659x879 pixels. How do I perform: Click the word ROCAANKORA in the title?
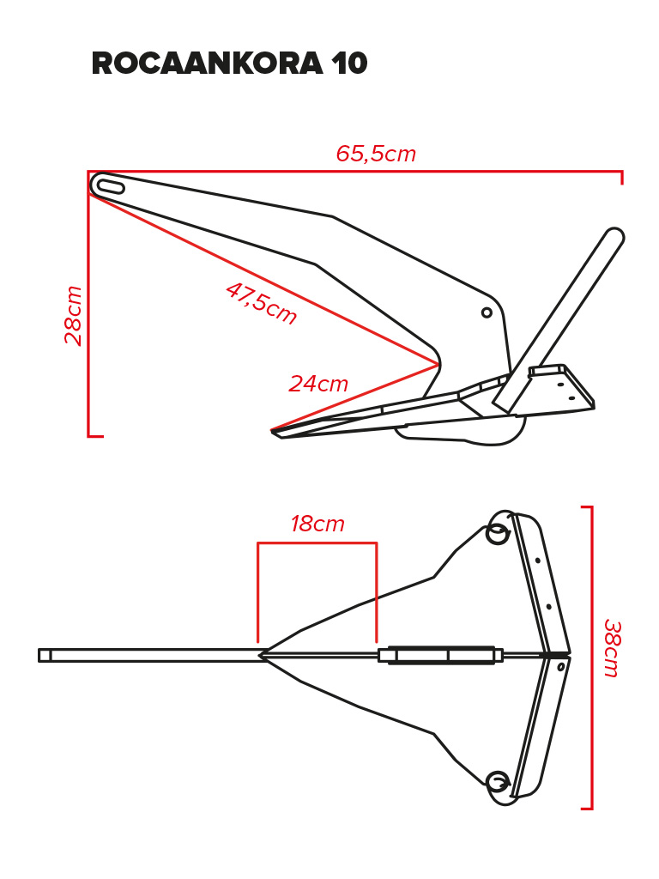(x=208, y=63)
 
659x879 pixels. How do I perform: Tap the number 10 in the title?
(x=349, y=63)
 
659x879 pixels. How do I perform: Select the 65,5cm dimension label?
(x=376, y=154)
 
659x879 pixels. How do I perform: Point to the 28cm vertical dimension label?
(x=73, y=315)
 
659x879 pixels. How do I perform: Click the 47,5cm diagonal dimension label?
(x=261, y=303)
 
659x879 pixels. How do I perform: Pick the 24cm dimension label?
(x=318, y=384)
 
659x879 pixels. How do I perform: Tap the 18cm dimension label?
(x=317, y=524)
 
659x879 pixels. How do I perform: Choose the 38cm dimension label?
(x=612, y=648)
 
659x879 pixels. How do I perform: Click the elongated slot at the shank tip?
(x=108, y=185)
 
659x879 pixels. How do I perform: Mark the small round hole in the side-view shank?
(x=487, y=312)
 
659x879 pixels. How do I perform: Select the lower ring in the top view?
(x=498, y=782)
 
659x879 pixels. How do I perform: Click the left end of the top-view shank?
(x=39, y=655)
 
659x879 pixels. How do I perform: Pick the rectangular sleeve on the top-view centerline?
(x=440, y=655)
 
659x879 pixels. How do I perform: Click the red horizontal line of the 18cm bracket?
(x=317, y=543)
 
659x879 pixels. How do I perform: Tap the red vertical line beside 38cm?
(x=591, y=658)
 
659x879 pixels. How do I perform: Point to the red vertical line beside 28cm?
(x=88, y=303)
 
